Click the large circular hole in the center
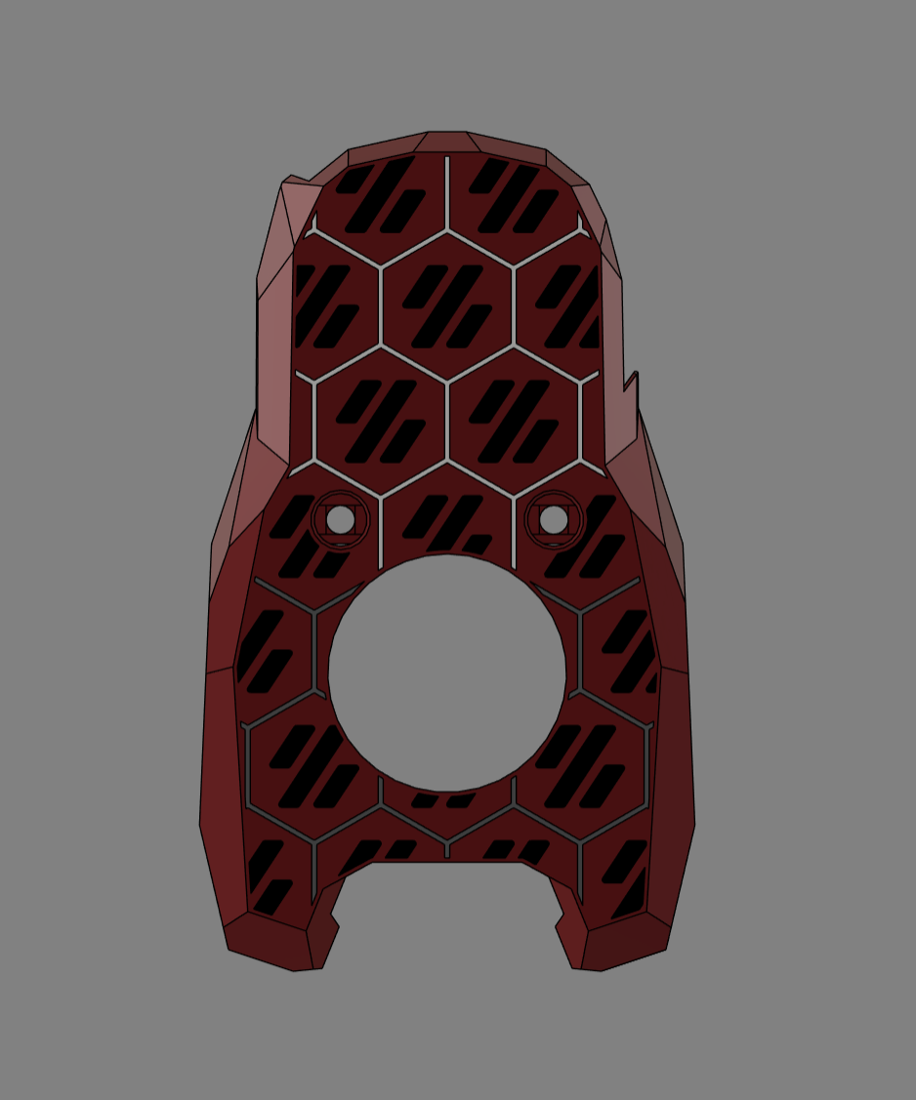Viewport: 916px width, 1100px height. tap(447, 673)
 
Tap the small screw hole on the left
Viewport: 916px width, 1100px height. tap(340, 519)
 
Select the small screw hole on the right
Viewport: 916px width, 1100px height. tap(554, 519)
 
